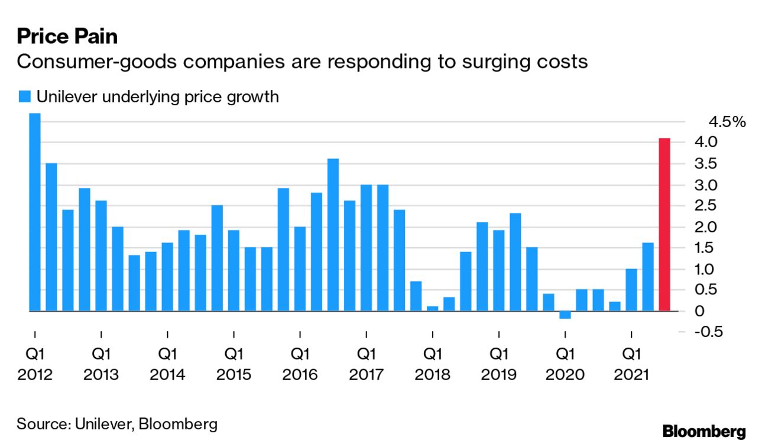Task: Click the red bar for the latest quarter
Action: tap(664, 225)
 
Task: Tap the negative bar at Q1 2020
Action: tap(565, 315)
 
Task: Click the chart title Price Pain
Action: tap(67, 36)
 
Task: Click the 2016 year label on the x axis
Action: tap(300, 375)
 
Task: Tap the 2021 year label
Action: tap(631, 375)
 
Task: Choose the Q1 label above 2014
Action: tap(167, 354)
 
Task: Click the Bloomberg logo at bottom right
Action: tap(703, 431)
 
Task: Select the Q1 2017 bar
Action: tap(366, 248)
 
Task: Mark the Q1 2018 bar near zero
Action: tap(432, 308)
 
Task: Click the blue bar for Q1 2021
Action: tap(631, 290)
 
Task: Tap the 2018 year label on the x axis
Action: tap(433, 375)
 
